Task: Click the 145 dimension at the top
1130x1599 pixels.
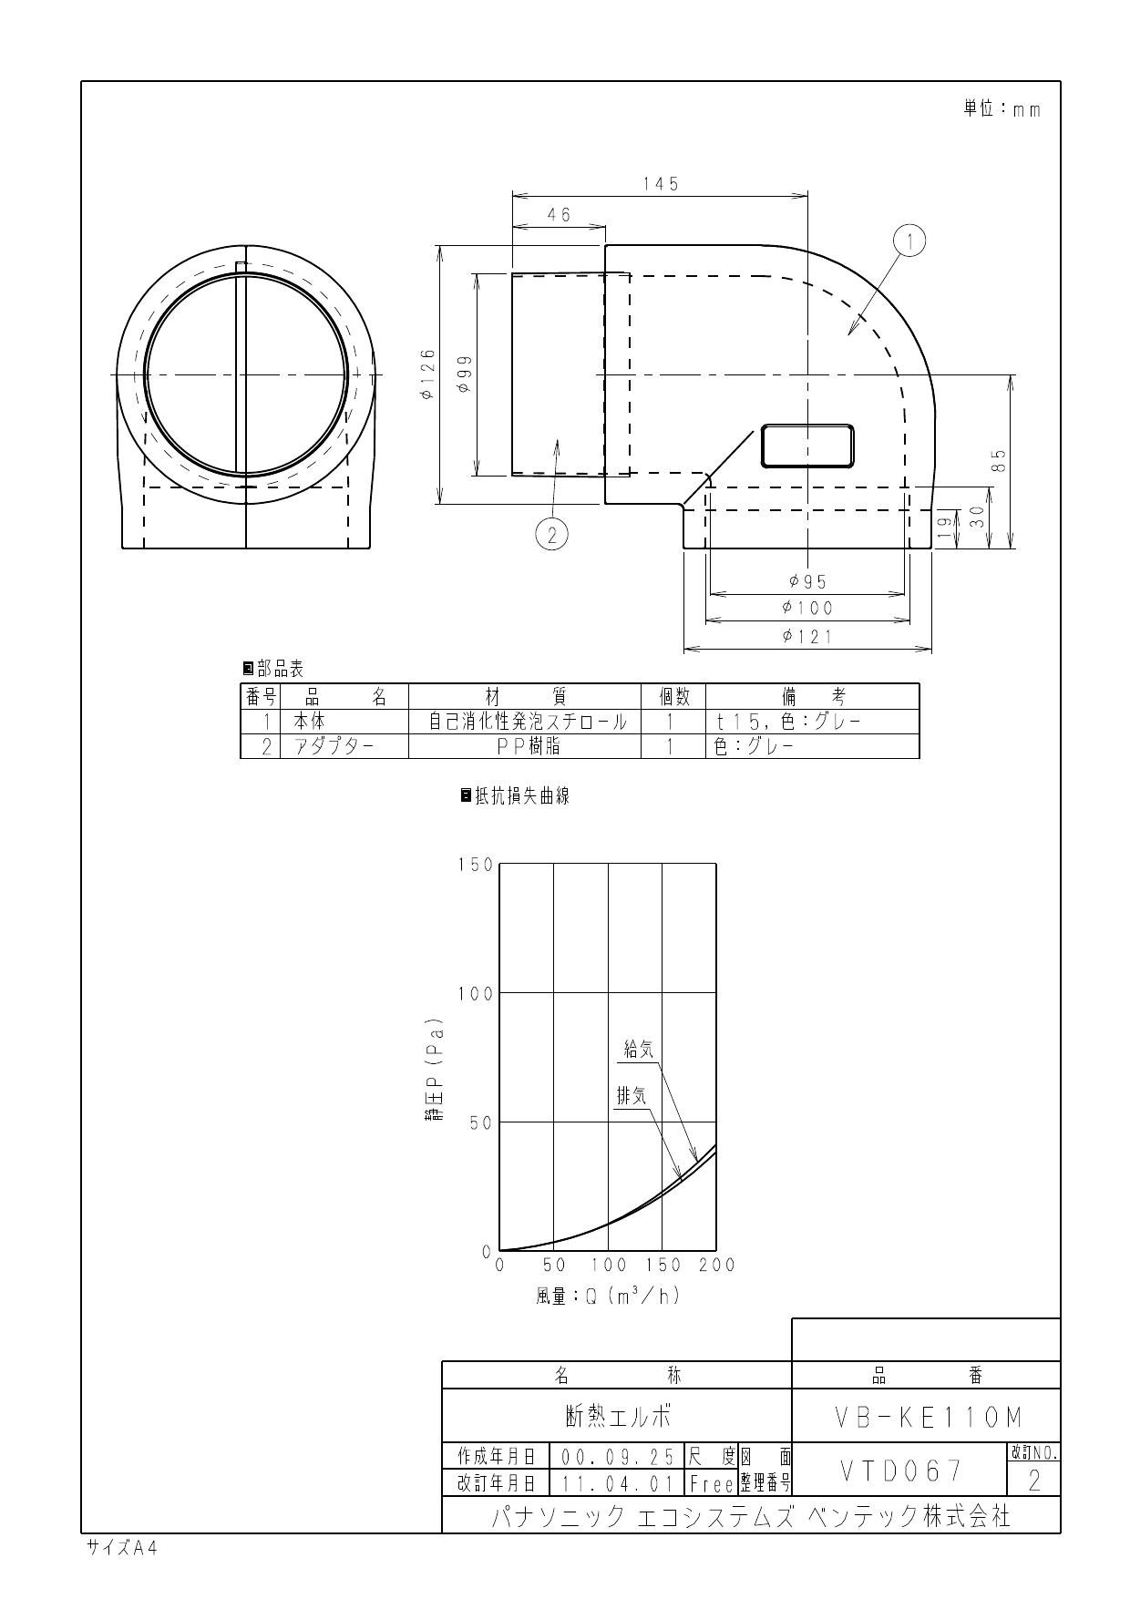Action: click(660, 184)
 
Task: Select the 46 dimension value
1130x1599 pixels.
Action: click(559, 215)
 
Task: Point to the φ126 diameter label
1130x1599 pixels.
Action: click(427, 374)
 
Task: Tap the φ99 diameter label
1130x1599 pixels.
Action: click(464, 374)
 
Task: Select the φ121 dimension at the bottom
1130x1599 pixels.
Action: click(806, 637)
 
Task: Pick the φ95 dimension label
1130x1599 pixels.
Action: click(806, 581)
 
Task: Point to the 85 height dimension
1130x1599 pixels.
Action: click(999, 461)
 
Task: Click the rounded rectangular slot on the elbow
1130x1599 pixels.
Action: click(807, 446)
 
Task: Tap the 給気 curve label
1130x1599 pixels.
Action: click(638, 1050)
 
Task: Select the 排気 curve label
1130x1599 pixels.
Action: click(632, 1096)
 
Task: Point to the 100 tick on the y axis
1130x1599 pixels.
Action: click(475, 994)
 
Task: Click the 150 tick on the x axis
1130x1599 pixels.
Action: click(663, 1265)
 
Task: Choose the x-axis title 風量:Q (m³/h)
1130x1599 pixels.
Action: click(607, 1295)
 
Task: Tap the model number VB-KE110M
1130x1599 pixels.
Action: click(928, 1418)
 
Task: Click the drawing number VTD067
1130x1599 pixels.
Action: click(899, 1470)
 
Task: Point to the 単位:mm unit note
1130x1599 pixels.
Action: click(1002, 109)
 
